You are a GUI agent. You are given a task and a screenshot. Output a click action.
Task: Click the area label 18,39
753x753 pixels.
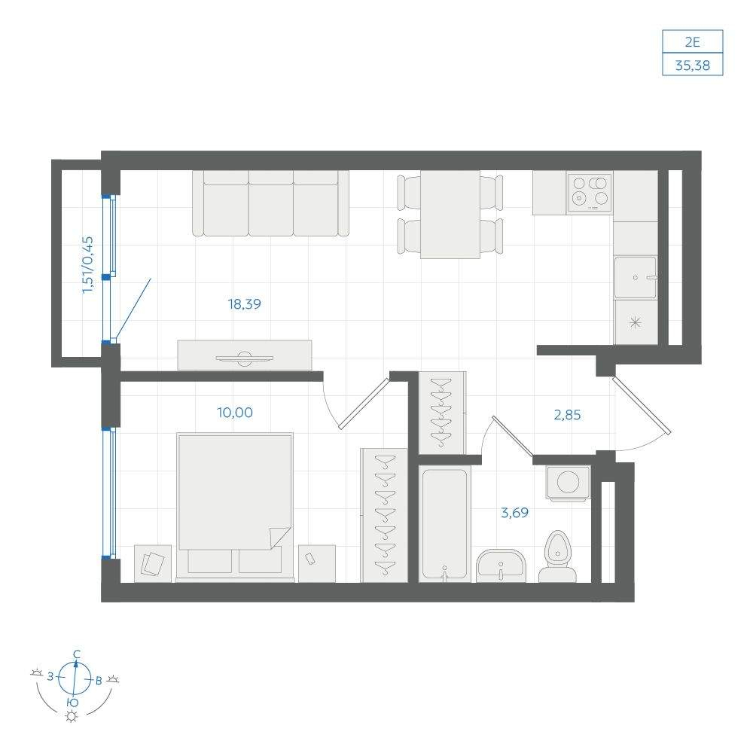(x=245, y=304)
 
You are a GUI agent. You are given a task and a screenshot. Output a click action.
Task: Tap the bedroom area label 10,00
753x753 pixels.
(x=235, y=413)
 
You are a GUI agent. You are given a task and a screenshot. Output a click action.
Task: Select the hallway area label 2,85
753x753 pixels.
(x=567, y=414)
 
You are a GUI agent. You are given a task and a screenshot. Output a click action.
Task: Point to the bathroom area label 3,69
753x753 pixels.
(x=515, y=513)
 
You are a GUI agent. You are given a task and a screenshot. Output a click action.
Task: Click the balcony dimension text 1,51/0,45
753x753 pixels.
(x=88, y=264)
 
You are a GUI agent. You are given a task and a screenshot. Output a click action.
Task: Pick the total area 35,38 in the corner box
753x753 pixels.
(x=693, y=66)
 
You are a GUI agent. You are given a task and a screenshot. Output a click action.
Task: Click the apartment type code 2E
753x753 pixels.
(x=693, y=42)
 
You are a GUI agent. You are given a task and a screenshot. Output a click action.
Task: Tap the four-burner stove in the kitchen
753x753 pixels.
(x=590, y=192)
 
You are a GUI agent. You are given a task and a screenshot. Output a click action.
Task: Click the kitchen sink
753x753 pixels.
(x=636, y=278)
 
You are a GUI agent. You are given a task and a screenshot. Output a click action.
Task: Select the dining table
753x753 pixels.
(x=450, y=214)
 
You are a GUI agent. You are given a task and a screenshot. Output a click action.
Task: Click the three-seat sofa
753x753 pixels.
(x=271, y=203)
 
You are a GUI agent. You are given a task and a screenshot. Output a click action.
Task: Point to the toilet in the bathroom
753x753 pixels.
(x=557, y=557)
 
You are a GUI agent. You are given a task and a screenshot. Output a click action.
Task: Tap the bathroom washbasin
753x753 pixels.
(x=501, y=566)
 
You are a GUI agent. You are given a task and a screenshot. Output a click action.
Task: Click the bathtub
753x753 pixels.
(x=445, y=524)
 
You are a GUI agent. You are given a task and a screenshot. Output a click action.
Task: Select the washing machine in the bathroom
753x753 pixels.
(x=568, y=483)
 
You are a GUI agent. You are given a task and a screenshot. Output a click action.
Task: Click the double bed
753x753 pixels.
(x=235, y=507)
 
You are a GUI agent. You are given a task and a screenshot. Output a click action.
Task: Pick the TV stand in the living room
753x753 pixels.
(x=245, y=355)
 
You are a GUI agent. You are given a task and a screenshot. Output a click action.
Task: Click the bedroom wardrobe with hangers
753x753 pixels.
(x=384, y=515)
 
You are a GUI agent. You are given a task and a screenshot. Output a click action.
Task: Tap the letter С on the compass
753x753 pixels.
(x=76, y=654)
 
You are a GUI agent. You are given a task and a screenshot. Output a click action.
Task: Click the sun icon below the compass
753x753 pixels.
(x=72, y=717)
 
